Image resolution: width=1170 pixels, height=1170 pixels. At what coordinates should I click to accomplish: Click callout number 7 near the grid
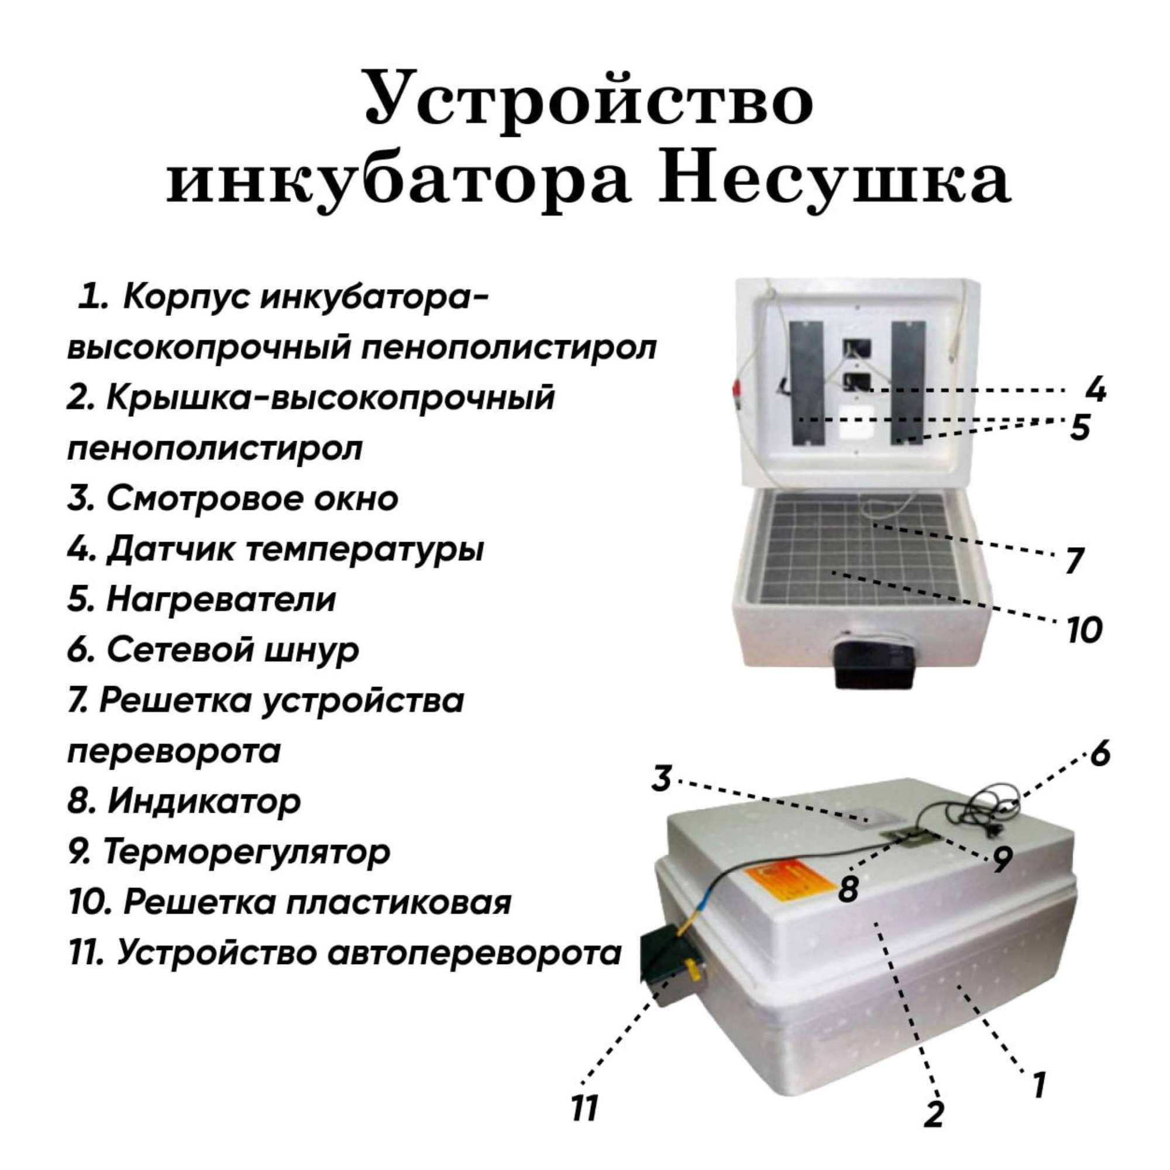tap(1074, 560)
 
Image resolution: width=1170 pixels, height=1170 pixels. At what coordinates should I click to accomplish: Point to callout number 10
tap(1083, 631)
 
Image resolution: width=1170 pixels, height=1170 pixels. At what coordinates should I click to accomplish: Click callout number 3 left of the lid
tap(661, 779)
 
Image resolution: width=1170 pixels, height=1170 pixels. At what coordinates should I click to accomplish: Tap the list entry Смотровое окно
tap(233, 498)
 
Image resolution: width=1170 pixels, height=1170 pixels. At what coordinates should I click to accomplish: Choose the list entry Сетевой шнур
tap(213, 651)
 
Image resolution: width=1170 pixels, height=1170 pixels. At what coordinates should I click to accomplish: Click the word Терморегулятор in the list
tap(247, 852)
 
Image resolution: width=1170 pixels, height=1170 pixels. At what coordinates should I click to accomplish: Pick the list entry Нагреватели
tap(201, 600)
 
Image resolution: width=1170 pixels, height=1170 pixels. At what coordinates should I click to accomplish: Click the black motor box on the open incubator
tap(872, 665)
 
